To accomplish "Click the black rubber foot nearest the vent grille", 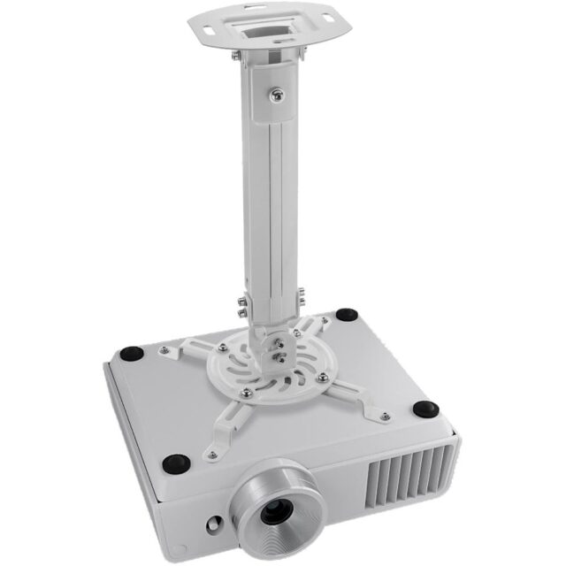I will coord(425,409).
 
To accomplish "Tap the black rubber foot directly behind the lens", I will coord(176,462).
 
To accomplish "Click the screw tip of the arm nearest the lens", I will coord(211,455).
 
